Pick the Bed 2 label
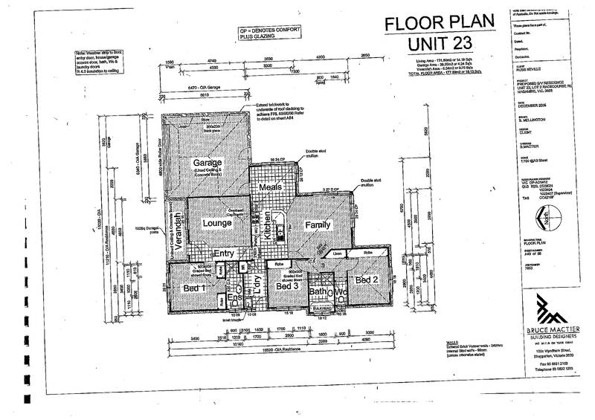point(367,280)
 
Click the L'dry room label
point(260,286)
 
